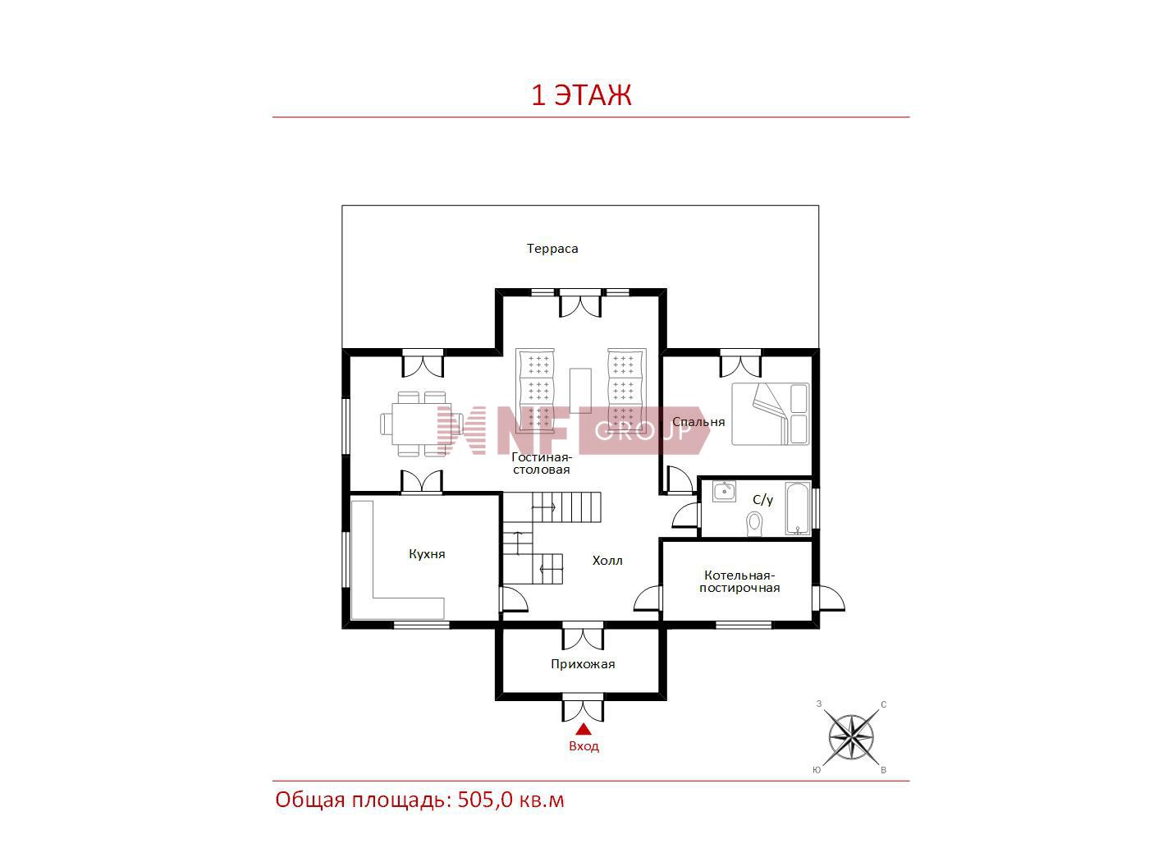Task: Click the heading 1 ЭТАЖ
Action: tap(581, 95)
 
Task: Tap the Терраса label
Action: tap(552, 249)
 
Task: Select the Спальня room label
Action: tap(698, 422)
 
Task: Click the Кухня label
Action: tap(427, 553)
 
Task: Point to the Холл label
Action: tap(607, 561)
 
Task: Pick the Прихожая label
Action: tap(583, 664)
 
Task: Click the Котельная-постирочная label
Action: tap(739, 581)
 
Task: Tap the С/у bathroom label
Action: tap(762, 500)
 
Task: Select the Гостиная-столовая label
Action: tap(542, 463)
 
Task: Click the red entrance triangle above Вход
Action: tap(584, 730)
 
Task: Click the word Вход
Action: tap(584, 745)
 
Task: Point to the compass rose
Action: tap(851, 737)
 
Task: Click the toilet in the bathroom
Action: tap(754, 524)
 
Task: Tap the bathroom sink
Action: tap(724, 492)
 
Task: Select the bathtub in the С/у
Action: tap(798, 508)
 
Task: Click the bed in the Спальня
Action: tap(771, 414)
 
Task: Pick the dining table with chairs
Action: tap(421, 424)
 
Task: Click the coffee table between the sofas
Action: tap(580, 391)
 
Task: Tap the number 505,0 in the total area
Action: tap(485, 800)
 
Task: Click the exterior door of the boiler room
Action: tap(830, 598)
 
